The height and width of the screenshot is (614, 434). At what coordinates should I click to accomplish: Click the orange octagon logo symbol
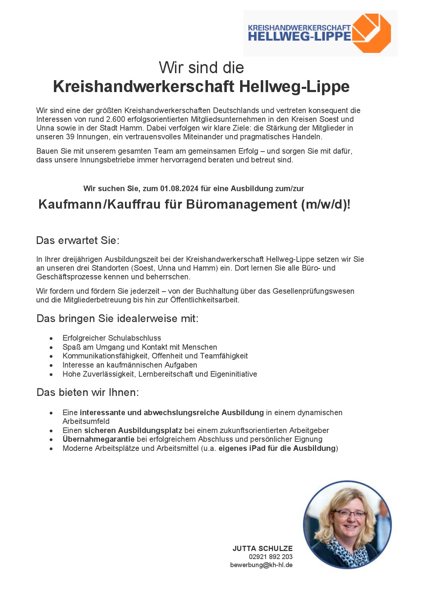[x=372, y=33]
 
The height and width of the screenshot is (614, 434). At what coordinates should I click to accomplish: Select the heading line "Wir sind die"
[x=201, y=68]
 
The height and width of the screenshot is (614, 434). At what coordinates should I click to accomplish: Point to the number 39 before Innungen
[x=70, y=137]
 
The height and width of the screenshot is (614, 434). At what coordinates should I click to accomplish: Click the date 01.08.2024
[x=179, y=189]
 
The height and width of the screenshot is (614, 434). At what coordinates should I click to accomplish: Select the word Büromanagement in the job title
[x=241, y=204]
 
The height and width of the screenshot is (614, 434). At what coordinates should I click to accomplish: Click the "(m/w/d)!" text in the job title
[x=325, y=204]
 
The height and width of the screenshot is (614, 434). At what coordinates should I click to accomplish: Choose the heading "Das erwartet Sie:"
[x=78, y=240]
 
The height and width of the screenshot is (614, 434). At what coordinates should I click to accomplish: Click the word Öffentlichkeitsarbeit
[x=205, y=300]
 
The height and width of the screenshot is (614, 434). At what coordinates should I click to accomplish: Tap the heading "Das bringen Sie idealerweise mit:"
[x=117, y=319]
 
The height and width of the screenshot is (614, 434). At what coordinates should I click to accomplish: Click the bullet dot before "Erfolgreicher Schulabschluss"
[x=51, y=339]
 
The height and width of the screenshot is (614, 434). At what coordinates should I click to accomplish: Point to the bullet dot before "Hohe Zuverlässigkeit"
[x=51, y=375]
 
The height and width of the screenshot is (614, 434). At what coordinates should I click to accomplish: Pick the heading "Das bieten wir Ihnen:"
[x=87, y=392]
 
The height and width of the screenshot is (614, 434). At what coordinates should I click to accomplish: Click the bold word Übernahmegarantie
[x=98, y=439]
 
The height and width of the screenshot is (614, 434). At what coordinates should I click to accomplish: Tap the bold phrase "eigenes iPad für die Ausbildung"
[x=277, y=448]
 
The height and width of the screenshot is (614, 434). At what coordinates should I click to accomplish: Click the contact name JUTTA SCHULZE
[x=262, y=549]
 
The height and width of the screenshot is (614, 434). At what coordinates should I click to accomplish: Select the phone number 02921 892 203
[x=271, y=557]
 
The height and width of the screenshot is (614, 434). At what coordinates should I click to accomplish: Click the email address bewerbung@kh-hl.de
[x=261, y=565]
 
